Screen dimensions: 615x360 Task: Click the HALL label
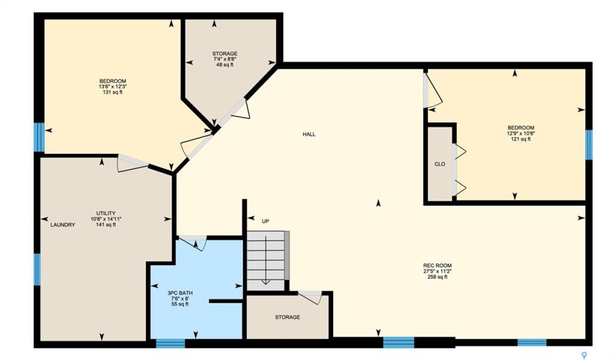[309, 134]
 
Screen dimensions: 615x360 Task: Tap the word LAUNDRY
[62, 225]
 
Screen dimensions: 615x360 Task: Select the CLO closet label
[440, 164]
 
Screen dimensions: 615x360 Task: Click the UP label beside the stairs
[265, 221]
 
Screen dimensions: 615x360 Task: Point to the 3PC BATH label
[180, 293]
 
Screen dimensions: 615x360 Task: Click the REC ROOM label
[437, 265]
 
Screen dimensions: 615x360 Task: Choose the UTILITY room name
[105, 213]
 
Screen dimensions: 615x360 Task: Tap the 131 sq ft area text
[112, 92]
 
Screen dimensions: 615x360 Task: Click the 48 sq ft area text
[224, 65]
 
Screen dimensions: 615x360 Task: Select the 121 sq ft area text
[520, 139]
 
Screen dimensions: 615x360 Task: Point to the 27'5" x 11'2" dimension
[437, 271]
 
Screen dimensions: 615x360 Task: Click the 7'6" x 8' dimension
[180, 298]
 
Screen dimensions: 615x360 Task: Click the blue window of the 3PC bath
[170, 343]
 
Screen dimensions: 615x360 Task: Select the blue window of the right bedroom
[588, 144]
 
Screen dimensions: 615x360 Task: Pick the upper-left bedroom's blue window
[38, 137]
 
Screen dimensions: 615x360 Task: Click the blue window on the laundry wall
[37, 269]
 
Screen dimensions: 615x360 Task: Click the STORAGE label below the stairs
[287, 317]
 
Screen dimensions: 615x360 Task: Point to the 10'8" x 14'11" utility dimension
[106, 219]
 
